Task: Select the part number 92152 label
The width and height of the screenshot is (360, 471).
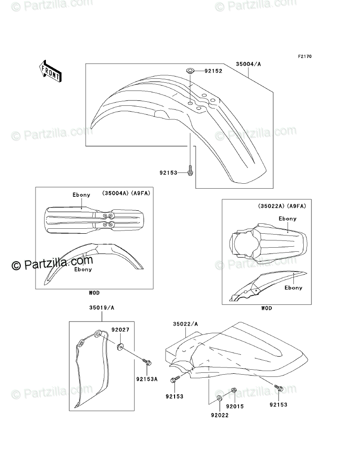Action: [213, 71]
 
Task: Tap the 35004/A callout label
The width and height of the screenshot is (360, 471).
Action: [248, 64]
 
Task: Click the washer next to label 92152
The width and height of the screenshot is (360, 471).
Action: [190, 71]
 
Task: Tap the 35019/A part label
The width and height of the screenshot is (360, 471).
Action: [102, 308]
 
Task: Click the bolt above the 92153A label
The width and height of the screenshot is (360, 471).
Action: [146, 361]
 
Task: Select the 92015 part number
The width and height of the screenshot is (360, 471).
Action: [234, 406]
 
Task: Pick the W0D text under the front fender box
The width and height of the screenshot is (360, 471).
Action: [94, 293]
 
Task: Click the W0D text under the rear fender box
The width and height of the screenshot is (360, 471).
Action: [266, 308]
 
